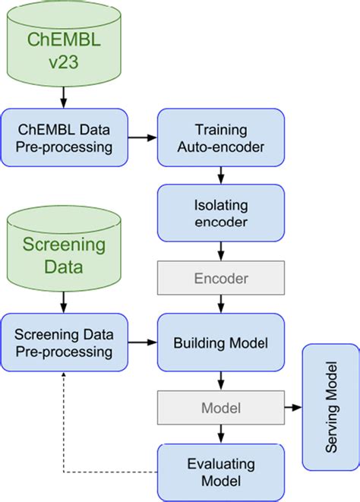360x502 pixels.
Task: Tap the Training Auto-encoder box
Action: click(x=220, y=137)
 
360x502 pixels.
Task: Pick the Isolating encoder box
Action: click(x=220, y=213)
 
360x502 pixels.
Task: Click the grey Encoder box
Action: click(x=220, y=279)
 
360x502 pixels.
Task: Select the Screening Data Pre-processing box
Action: click(x=64, y=343)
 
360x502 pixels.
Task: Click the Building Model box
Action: click(x=220, y=343)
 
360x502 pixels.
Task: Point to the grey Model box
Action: click(x=220, y=408)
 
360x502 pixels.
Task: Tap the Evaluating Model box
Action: click(x=220, y=471)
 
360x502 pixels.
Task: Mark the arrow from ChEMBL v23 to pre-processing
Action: click(x=64, y=97)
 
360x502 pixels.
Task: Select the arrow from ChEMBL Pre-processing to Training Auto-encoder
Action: click(x=142, y=137)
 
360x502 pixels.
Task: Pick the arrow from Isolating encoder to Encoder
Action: click(x=220, y=252)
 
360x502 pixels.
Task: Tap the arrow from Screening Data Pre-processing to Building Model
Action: click(x=142, y=343)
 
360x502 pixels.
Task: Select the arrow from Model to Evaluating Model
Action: click(x=220, y=434)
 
